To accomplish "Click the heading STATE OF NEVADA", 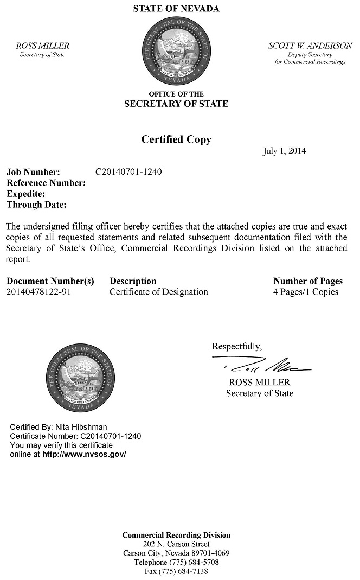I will (x=176, y=9).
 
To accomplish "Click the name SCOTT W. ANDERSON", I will (x=310, y=46).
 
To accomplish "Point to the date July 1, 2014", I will (x=284, y=151).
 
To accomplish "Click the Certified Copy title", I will (x=176, y=139).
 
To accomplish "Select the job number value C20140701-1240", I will (x=128, y=172).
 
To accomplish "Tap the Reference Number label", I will (x=46, y=183).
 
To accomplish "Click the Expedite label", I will (x=25, y=194).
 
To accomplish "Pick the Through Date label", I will (x=36, y=205).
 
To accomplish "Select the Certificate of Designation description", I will (x=159, y=292).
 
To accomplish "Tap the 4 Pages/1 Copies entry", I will (x=306, y=292).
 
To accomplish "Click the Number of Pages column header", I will (x=308, y=281).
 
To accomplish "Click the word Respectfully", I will (x=236, y=346).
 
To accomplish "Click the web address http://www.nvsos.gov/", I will (x=84, y=454).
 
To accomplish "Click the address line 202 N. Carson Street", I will (x=176, y=544).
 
